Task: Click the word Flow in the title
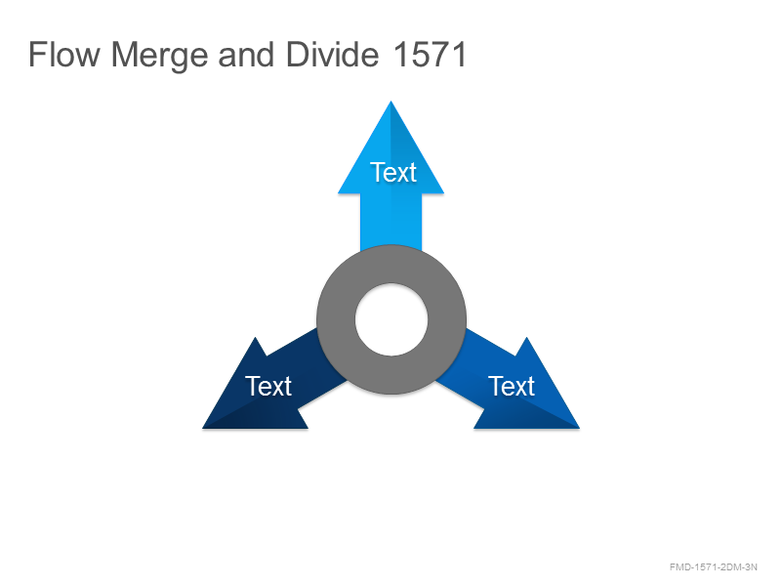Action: pos(64,55)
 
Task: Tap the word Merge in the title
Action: pos(159,56)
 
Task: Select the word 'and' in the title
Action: pos(246,55)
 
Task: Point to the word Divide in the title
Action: pos(332,55)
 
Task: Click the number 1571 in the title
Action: pos(430,55)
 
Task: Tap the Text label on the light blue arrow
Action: pos(393,173)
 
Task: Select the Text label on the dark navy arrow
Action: pos(267,386)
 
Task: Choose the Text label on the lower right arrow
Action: pos(512,386)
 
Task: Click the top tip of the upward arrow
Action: pos(391,102)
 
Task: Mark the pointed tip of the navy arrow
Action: pos(203,428)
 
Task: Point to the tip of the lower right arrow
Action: pos(579,428)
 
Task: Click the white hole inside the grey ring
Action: pos(391,319)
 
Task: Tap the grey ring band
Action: pos(336,319)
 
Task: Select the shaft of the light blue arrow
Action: pos(391,219)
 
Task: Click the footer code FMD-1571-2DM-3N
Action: pos(714,567)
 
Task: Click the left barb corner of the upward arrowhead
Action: pos(339,192)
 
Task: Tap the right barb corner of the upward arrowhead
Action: pos(443,192)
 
